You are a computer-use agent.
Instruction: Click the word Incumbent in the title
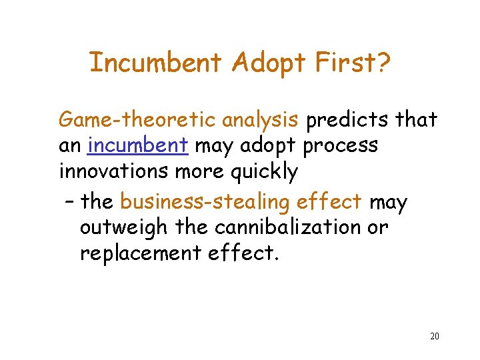[155, 63]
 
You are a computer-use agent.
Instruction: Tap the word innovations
[114, 171]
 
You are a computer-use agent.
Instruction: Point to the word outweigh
[124, 228]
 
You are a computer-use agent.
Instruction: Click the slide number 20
[434, 336]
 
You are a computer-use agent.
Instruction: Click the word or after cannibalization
[377, 228]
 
